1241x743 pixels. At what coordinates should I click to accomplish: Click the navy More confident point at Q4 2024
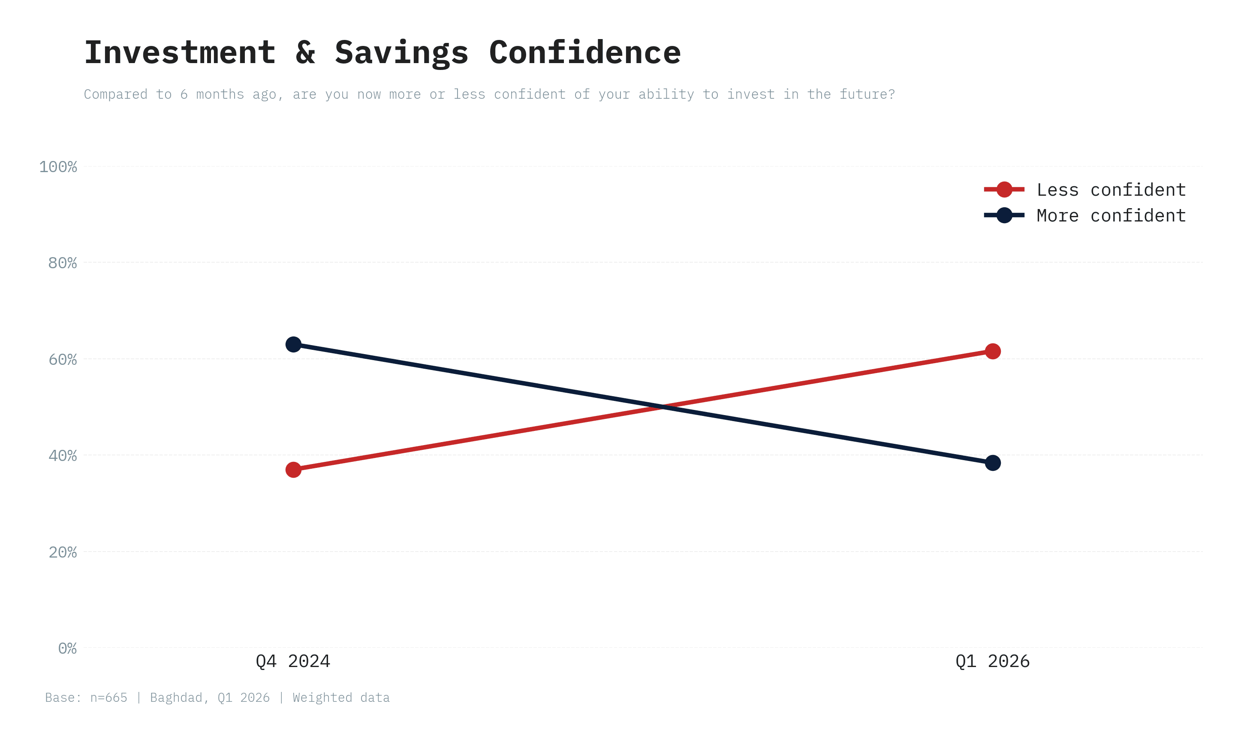(x=293, y=345)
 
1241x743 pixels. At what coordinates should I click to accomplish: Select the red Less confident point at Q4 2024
(x=293, y=470)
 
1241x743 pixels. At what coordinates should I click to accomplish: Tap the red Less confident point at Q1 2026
(x=992, y=352)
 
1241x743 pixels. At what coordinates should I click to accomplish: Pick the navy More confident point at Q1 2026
(x=992, y=463)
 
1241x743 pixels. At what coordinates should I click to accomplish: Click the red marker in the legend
(x=1004, y=189)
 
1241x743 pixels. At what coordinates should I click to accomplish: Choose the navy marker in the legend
(x=1004, y=215)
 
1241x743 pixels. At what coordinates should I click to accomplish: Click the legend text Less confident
(x=1111, y=190)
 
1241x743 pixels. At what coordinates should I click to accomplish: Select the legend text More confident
(x=1111, y=216)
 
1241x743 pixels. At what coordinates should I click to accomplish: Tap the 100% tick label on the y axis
(x=58, y=167)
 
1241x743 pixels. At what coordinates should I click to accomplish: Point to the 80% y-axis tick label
(x=63, y=263)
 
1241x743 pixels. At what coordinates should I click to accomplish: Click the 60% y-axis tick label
(x=63, y=360)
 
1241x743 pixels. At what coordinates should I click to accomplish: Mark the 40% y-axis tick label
(x=63, y=455)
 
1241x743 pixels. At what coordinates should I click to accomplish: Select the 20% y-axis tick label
(x=63, y=552)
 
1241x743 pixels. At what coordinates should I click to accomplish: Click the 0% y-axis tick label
(x=67, y=649)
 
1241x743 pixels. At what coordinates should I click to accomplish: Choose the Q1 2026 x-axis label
(x=992, y=661)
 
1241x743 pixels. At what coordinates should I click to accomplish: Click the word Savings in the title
(x=402, y=52)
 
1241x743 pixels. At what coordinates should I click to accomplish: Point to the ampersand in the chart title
(x=305, y=52)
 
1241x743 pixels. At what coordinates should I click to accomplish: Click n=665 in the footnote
(x=108, y=698)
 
